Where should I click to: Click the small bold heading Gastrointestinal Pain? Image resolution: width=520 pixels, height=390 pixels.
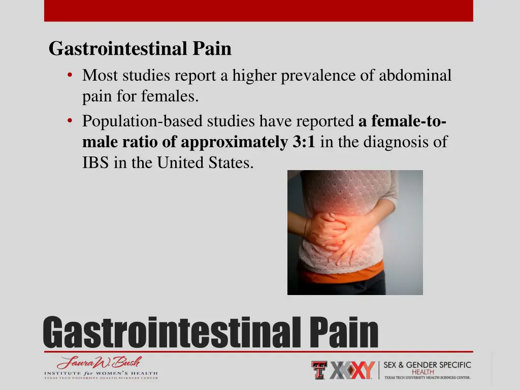click(x=140, y=49)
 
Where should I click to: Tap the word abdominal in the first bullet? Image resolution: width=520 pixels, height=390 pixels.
click(x=415, y=76)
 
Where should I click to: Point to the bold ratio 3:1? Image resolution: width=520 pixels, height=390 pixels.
click(x=304, y=142)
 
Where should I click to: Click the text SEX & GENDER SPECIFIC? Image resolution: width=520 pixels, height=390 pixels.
click(x=427, y=365)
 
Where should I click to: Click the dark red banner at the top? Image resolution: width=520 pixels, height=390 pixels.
click(x=258, y=10)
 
